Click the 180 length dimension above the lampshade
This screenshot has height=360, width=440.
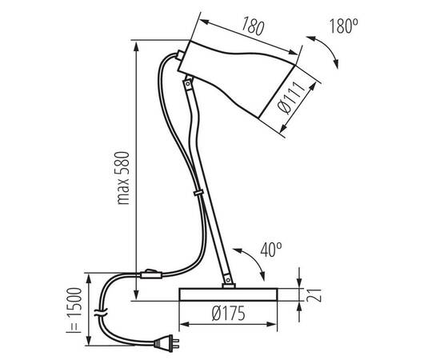[x=253, y=27]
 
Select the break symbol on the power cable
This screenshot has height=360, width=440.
[x=99, y=310]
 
